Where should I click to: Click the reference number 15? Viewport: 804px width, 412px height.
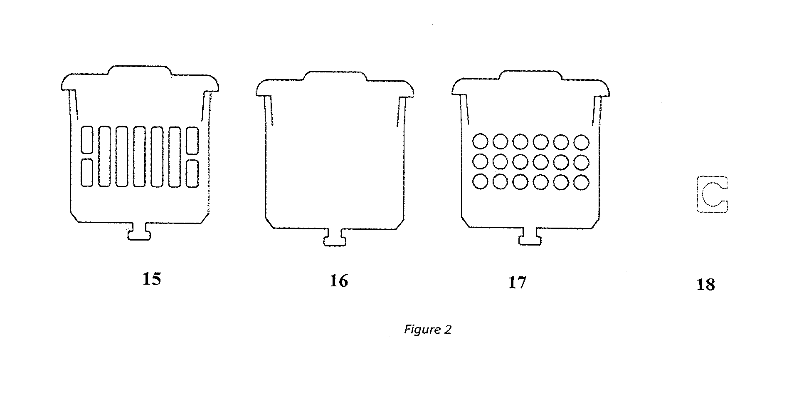pyautogui.click(x=151, y=279)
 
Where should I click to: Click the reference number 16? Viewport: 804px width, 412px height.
pyautogui.click(x=338, y=281)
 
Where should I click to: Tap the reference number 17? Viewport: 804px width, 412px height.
pyautogui.click(x=517, y=283)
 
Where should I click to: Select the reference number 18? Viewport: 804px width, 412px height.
pyautogui.click(x=705, y=285)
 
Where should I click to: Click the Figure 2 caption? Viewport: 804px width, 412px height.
pyautogui.click(x=427, y=330)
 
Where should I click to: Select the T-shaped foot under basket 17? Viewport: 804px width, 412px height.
pyautogui.click(x=530, y=236)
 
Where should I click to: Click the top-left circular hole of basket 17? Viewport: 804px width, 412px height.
pyautogui.click(x=480, y=141)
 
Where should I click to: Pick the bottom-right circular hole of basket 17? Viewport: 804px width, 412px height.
pyautogui.click(x=581, y=182)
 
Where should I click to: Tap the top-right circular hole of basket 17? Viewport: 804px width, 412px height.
pyautogui.click(x=581, y=141)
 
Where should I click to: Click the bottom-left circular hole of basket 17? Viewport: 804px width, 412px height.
pyautogui.click(x=480, y=182)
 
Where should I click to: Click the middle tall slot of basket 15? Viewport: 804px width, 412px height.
pyautogui.click(x=140, y=156)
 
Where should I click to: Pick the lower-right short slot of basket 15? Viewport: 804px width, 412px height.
pyautogui.click(x=192, y=173)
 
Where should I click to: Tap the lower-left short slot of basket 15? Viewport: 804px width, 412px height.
pyautogui.click(x=87, y=173)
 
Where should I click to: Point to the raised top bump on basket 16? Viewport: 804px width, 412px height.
pyautogui.click(x=335, y=75)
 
